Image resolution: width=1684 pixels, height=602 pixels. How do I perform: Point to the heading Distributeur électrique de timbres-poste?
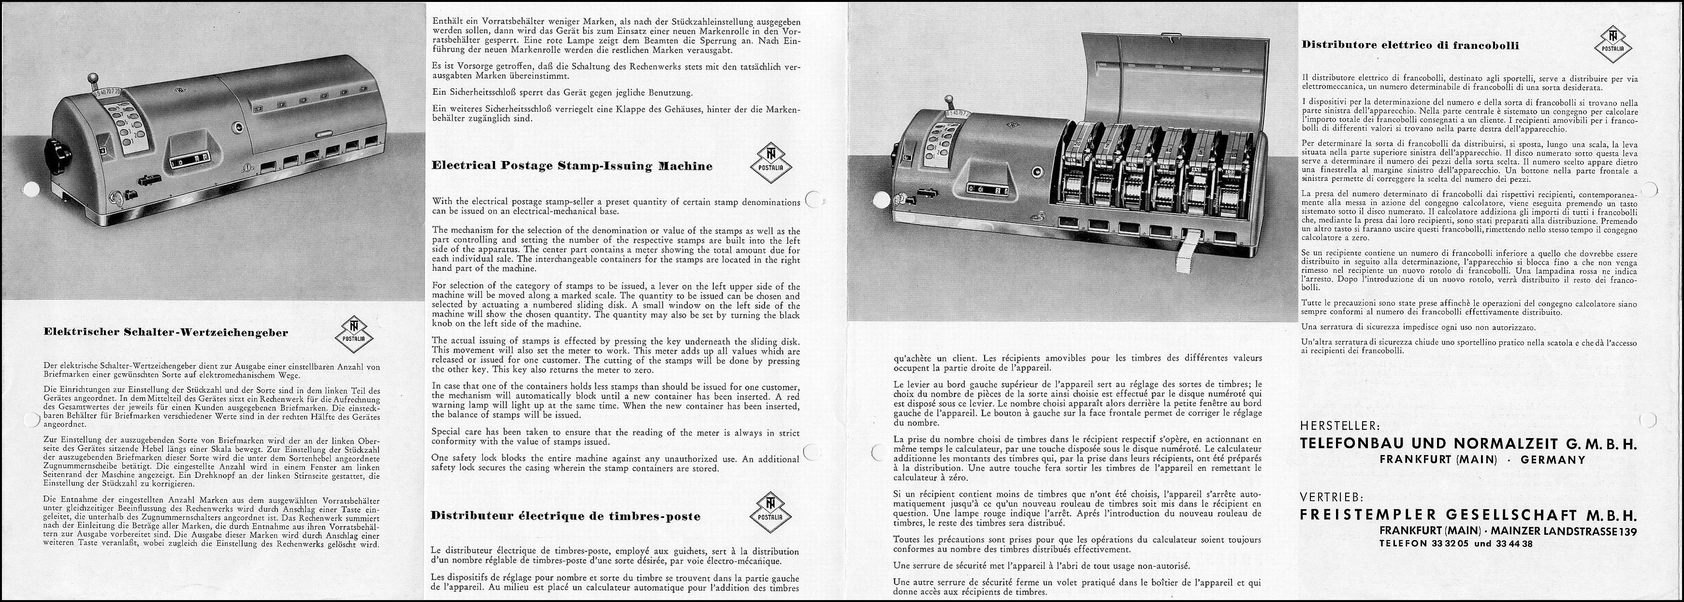click(566, 516)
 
